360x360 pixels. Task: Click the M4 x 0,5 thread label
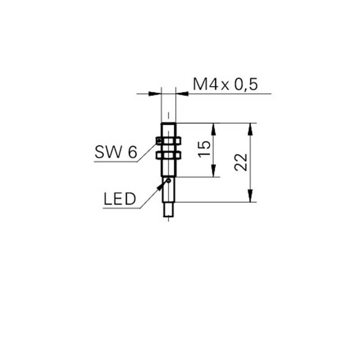(225, 84)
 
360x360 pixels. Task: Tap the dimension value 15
(204, 149)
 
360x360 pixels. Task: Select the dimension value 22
(241, 162)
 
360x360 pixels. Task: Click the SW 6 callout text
(116, 152)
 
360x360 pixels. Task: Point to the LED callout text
(120, 199)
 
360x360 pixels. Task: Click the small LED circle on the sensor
(169, 181)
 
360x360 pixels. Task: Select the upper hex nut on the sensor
(168, 140)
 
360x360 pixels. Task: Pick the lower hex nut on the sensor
(168, 155)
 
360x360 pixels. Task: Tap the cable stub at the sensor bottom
(169, 210)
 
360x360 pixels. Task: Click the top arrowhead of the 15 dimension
(213, 129)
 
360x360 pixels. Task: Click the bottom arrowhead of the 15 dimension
(213, 171)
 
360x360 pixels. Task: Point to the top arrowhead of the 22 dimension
(250, 129)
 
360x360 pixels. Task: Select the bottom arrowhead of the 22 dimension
(250, 196)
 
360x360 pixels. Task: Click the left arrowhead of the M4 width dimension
(155, 94)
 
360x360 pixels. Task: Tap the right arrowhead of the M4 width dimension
(182, 94)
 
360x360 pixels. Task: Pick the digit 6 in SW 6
(132, 152)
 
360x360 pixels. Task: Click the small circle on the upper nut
(159, 140)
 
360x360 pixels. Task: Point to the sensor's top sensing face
(168, 123)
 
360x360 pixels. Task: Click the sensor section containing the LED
(169, 189)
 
